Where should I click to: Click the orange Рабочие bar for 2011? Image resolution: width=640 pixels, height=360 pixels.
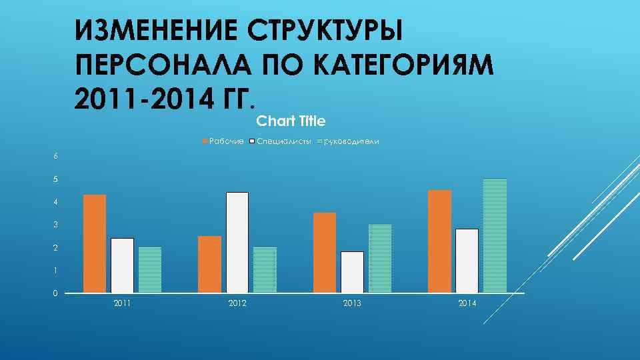click(95, 244)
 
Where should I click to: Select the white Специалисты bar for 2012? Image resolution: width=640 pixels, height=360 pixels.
click(237, 243)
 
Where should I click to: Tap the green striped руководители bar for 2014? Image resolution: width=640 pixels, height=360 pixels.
click(495, 236)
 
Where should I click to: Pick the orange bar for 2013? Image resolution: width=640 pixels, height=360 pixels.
click(324, 253)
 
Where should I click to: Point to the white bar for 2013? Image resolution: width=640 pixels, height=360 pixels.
click(352, 272)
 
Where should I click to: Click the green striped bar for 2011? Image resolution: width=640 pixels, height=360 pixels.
click(150, 270)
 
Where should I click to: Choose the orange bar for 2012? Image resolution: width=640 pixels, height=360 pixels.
click(209, 265)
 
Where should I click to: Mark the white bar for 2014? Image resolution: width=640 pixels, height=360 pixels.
click(467, 261)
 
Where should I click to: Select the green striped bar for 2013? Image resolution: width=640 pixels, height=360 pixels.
click(380, 259)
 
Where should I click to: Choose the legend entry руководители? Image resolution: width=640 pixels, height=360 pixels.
click(351, 141)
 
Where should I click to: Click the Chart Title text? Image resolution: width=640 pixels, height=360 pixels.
click(291, 121)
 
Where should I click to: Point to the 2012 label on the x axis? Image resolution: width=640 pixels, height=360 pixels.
click(237, 304)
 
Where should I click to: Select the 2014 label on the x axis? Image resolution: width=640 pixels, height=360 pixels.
click(467, 304)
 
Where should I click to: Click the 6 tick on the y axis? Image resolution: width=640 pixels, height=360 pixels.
click(56, 156)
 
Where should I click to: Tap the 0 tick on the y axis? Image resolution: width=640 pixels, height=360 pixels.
click(56, 293)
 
